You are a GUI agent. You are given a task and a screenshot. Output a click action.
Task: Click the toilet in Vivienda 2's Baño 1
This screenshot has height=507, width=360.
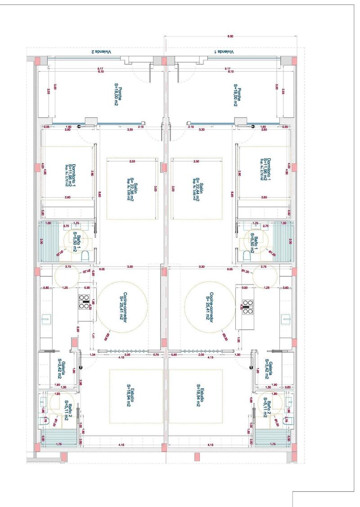tap(85, 256)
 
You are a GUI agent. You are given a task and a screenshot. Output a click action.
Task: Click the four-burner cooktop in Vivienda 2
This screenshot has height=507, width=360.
tap(84, 300)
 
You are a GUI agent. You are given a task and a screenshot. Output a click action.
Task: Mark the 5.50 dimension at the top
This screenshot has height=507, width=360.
tap(230, 36)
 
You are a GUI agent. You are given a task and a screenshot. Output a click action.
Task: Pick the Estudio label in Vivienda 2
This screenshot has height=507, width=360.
tap(130, 395)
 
